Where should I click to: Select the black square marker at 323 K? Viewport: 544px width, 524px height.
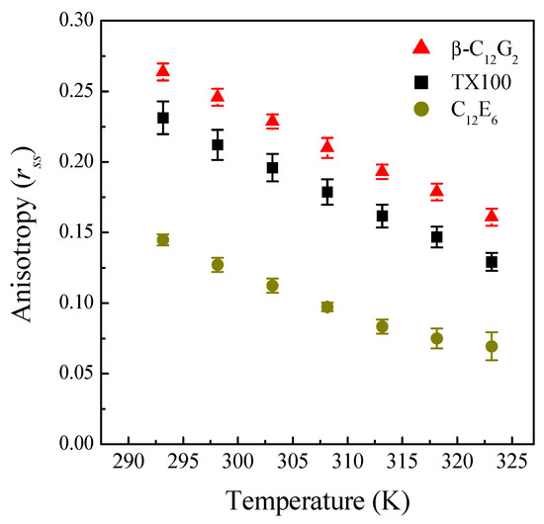pyautogui.click(x=492, y=262)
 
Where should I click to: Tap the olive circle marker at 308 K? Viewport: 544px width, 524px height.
pyautogui.click(x=327, y=306)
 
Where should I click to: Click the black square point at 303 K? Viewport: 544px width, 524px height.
pyautogui.click(x=273, y=167)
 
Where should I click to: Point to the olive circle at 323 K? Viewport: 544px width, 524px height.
pyautogui.click(x=492, y=346)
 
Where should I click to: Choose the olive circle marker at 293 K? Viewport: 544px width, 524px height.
pyautogui.click(x=163, y=239)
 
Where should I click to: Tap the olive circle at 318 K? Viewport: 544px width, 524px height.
pyautogui.click(x=437, y=338)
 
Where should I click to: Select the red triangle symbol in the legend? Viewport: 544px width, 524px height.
pyautogui.click(x=420, y=46)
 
